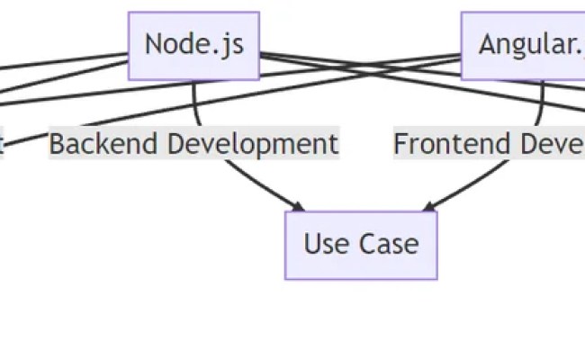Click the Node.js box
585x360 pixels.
(193, 46)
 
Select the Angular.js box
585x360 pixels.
(523, 46)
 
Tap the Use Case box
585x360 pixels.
(361, 245)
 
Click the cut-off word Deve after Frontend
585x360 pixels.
(545, 144)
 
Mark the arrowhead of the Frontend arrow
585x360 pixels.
(427, 208)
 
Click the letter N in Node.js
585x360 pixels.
(154, 45)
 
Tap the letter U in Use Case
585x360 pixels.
(311, 245)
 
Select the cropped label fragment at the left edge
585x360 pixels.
(2, 144)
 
